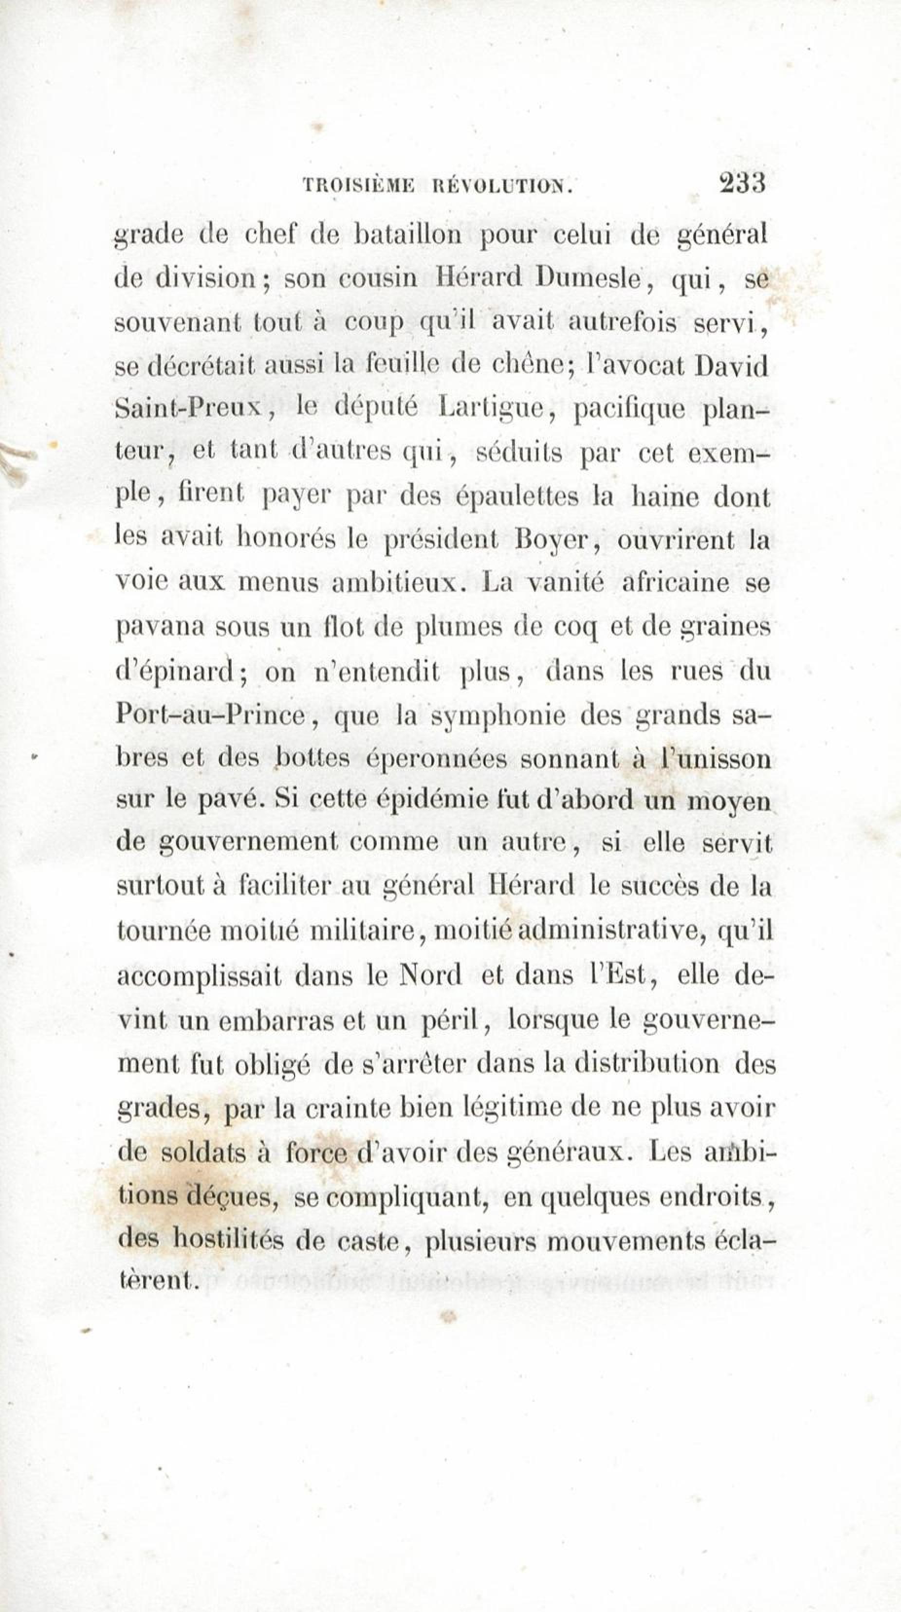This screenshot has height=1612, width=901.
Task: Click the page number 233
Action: pyautogui.click(x=743, y=184)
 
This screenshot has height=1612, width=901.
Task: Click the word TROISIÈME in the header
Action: pyautogui.click(x=358, y=186)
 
